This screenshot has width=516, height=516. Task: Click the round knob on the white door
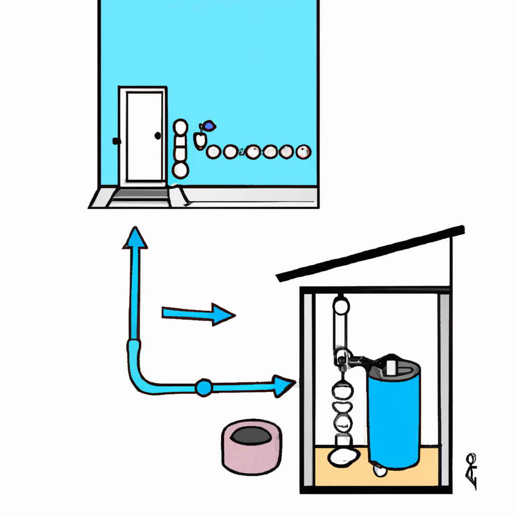[x=158, y=136]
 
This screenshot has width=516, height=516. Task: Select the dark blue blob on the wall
[x=208, y=126]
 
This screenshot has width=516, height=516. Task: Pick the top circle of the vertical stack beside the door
[x=180, y=126]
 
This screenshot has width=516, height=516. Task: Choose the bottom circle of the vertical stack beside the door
[x=180, y=170]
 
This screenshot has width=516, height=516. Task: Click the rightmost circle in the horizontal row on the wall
[x=303, y=151]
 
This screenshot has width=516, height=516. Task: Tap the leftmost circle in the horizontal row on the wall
[x=214, y=151]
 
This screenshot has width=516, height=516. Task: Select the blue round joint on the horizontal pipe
[x=204, y=387]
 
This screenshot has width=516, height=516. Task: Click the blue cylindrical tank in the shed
[x=394, y=416]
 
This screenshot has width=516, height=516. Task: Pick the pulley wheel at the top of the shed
[x=341, y=305]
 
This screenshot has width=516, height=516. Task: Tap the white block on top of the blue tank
[x=392, y=366]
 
